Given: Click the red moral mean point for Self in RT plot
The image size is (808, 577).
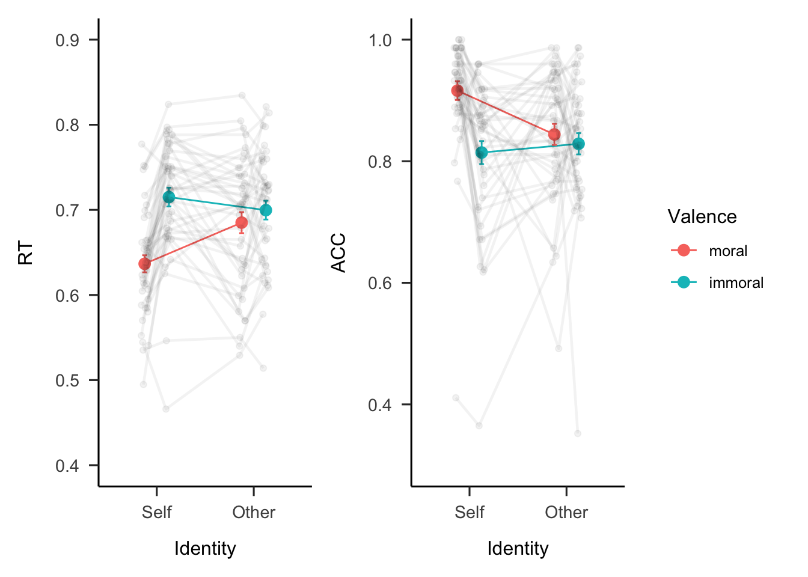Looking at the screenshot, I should [144, 264].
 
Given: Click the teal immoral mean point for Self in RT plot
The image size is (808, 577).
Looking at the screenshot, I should [169, 197].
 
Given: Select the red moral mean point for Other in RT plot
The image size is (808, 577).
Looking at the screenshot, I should [241, 223].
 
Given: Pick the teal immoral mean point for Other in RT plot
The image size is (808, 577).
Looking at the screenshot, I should [266, 210].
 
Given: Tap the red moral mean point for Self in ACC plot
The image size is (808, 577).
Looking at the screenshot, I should [458, 91].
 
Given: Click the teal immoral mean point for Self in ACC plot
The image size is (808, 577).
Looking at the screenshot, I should [482, 153].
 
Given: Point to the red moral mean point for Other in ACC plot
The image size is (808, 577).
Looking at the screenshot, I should [554, 135].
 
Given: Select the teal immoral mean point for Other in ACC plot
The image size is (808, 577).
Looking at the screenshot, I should [578, 144].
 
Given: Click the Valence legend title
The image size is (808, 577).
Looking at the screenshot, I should [702, 216].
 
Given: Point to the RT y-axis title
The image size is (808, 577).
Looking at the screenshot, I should [25, 253].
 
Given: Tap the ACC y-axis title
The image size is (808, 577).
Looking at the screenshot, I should [339, 253].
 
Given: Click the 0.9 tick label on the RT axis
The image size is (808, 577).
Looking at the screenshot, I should [67, 40].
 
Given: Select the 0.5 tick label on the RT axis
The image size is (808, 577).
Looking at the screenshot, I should [67, 380].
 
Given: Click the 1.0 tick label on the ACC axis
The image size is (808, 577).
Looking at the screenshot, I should [380, 40].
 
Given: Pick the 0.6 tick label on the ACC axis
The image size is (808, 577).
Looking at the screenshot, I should [380, 283].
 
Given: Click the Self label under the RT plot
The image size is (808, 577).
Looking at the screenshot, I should [157, 512].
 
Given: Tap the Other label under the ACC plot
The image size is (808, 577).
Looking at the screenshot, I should [566, 512].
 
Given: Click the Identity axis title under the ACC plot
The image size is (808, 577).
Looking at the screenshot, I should [518, 548].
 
